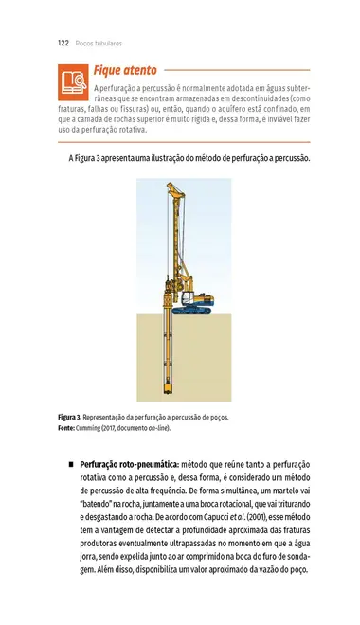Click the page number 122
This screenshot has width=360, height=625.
(x=63, y=44)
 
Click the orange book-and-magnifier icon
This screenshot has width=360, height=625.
(x=73, y=83)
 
